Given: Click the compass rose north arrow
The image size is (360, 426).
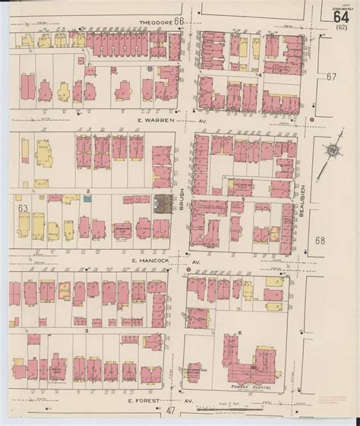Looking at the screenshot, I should [x=332, y=150].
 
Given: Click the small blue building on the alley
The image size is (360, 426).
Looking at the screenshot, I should [x=87, y=197].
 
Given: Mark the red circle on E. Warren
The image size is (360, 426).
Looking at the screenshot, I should [x=312, y=120].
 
